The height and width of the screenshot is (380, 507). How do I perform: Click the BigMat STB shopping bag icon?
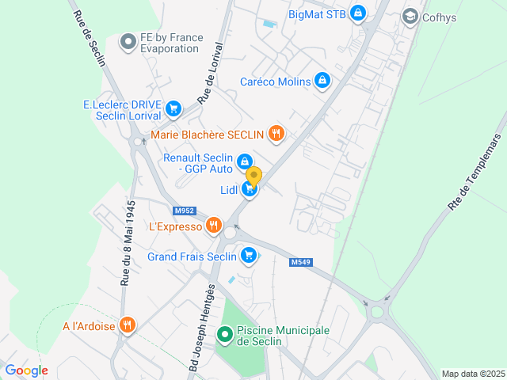(358, 13)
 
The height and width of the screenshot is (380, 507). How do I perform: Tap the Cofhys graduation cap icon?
(410, 16)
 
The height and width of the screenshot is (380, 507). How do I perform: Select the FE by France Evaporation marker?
(128, 42)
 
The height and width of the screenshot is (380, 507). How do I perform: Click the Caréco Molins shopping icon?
(322, 81)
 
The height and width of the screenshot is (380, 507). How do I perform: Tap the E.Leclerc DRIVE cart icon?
(174, 109)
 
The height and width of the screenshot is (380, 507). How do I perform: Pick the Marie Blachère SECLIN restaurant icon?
(276, 134)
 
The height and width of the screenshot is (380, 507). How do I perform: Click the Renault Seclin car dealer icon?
(245, 161)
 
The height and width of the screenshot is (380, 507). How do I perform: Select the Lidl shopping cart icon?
(250, 189)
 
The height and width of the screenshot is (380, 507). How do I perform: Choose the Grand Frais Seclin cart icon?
(249, 256)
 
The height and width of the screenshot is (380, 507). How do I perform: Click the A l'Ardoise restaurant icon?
(128, 325)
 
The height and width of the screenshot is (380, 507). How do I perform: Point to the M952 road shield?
(184, 211)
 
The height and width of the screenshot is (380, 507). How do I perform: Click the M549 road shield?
(300, 262)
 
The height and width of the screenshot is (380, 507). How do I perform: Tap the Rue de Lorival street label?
(210, 74)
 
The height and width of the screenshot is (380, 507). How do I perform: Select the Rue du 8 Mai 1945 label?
(127, 241)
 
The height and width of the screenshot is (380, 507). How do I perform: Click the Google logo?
(26, 370)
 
